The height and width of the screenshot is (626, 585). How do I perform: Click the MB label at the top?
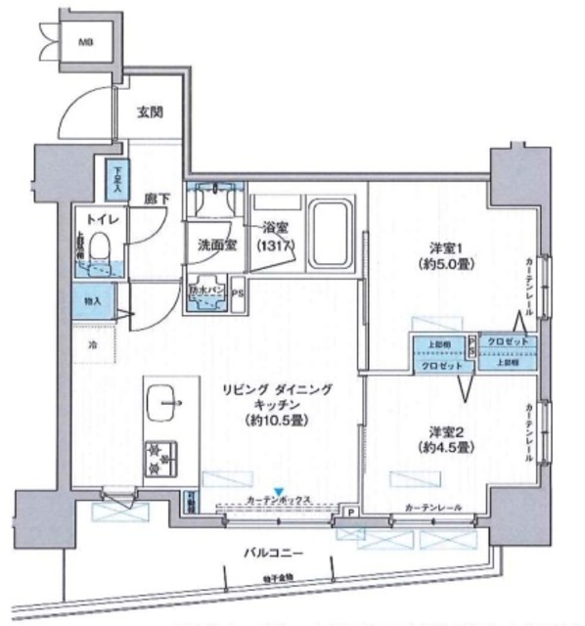click(x=87, y=41)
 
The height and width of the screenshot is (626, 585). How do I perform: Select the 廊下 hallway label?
click(x=157, y=199)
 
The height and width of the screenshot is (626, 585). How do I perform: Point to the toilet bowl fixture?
click(x=100, y=257)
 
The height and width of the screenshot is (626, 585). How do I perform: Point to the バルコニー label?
click(x=274, y=553)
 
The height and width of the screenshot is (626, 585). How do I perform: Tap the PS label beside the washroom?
click(x=237, y=291)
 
